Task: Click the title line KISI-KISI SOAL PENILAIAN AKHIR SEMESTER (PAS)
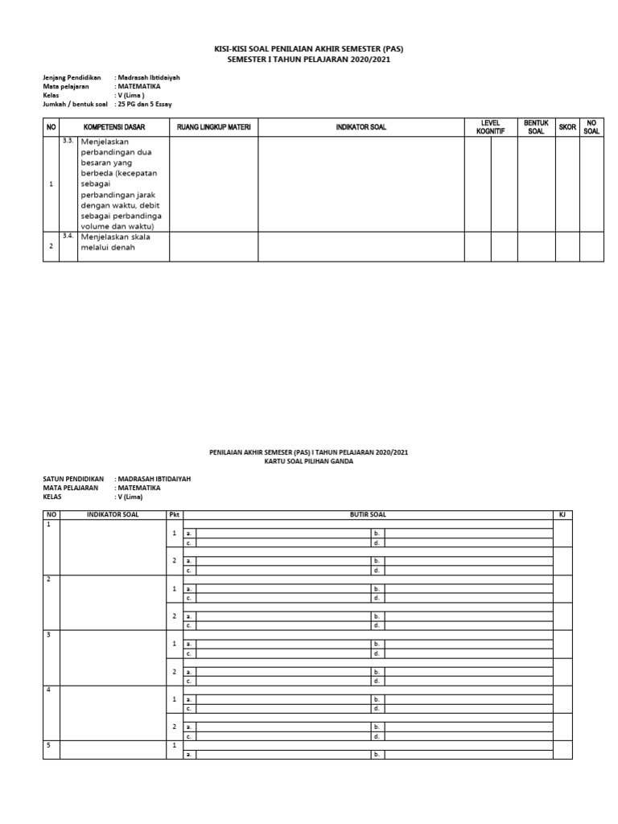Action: [x=308, y=49]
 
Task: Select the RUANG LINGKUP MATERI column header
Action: [x=213, y=127]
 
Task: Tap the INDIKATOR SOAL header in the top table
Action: [x=360, y=127]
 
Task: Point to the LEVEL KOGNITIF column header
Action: [x=490, y=127]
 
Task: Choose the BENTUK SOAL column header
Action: [x=535, y=127]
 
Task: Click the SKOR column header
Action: [x=567, y=127]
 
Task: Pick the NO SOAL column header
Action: [x=591, y=127]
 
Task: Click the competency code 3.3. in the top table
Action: [x=68, y=140]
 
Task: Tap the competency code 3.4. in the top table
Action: [x=68, y=236]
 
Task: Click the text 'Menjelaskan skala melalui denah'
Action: [x=115, y=242]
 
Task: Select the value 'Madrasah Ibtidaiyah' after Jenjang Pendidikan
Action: [x=148, y=77]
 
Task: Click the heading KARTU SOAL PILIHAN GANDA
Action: [x=308, y=461]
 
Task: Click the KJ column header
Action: [x=562, y=514]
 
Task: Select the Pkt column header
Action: [x=174, y=514]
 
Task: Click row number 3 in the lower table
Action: [x=48, y=635]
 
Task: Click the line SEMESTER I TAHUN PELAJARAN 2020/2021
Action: [x=308, y=60]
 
